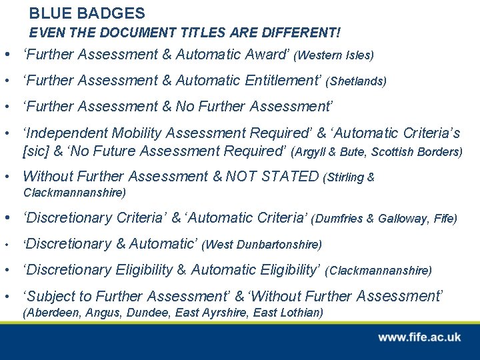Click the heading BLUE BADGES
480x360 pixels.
87,13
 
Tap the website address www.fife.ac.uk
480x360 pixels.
419,337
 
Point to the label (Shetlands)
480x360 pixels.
356,81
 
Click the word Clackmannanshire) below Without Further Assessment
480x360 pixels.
75,193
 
